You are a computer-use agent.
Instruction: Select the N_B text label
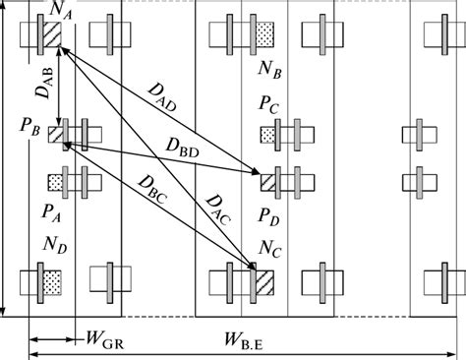pyautogui.click(x=270, y=72)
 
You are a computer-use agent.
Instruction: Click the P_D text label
pyautogui.click(x=270, y=213)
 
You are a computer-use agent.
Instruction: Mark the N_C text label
pyautogui.click(x=270, y=245)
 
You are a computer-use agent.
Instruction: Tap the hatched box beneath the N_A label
pyautogui.click(x=51, y=34)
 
